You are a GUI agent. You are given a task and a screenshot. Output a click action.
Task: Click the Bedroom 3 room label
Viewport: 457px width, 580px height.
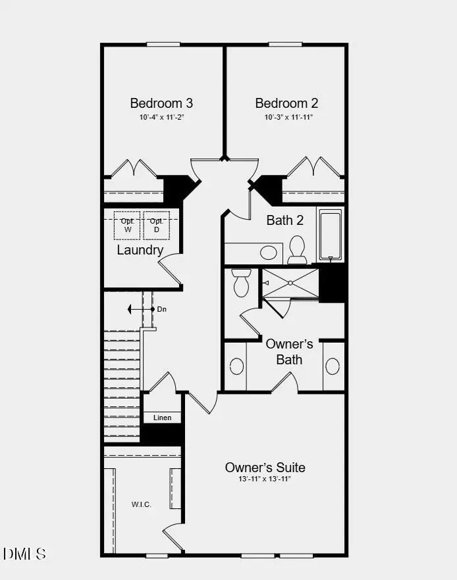point(161,103)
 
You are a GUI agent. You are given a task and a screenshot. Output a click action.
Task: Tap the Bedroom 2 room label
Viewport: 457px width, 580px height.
point(286,103)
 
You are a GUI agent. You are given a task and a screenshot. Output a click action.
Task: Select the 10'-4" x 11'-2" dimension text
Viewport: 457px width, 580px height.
point(161,118)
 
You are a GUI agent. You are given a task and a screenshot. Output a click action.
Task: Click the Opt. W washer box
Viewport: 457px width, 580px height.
point(128,226)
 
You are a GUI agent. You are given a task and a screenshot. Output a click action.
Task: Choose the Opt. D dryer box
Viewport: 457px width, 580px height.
point(157,226)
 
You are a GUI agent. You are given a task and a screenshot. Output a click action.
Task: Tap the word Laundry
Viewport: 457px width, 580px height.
point(140,250)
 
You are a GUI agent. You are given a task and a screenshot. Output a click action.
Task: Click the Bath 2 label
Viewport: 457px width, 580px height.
point(284,220)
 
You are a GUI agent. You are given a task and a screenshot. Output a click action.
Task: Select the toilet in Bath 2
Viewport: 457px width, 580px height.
point(297,249)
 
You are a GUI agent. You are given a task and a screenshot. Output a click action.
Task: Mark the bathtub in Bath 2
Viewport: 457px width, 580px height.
point(331,235)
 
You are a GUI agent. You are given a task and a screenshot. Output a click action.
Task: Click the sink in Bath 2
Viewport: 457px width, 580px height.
point(268,253)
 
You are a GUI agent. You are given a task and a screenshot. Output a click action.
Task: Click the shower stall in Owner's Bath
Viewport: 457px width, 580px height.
point(290,283)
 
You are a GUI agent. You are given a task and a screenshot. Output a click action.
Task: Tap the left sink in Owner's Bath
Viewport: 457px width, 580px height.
point(236,366)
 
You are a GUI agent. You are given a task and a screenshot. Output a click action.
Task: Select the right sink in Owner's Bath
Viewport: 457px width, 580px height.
point(333,366)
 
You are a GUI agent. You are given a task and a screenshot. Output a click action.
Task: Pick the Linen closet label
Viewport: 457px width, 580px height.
point(162,418)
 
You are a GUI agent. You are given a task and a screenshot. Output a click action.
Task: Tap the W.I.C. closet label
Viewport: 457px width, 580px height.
point(141,505)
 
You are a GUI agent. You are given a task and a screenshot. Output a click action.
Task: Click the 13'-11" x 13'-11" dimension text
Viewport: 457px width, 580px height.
point(265,479)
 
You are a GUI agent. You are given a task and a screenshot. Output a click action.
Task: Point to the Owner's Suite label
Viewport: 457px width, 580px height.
point(265,467)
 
